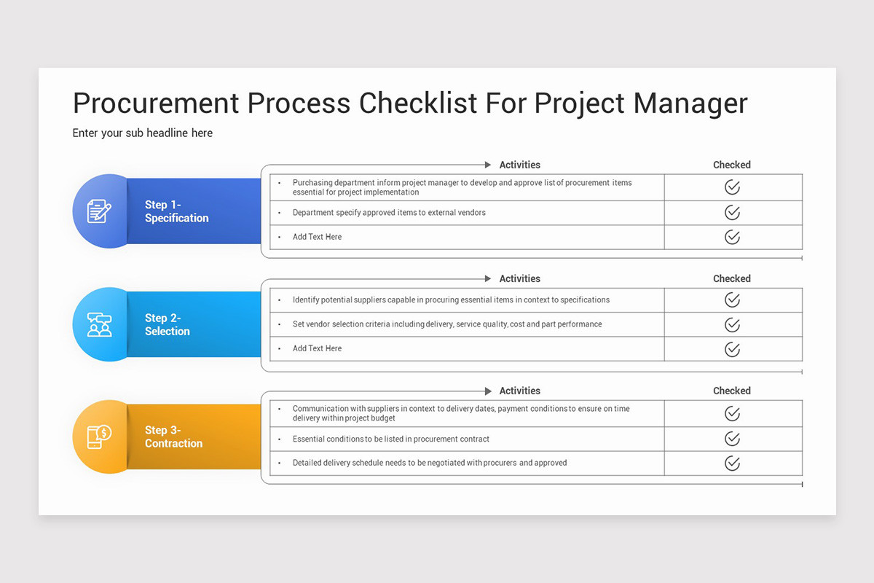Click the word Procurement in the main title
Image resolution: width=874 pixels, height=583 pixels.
click(x=156, y=103)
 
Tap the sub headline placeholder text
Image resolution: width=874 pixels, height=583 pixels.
click(x=143, y=133)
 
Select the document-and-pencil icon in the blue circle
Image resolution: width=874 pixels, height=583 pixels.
click(x=99, y=211)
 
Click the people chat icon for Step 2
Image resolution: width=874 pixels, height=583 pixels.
click(x=99, y=324)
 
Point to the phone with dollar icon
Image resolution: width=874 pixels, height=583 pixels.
click(x=99, y=437)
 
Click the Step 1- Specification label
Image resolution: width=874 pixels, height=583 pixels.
click(x=176, y=211)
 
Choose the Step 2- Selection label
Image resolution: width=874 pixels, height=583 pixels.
click(x=167, y=324)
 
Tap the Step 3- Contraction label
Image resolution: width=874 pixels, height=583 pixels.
click(x=173, y=437)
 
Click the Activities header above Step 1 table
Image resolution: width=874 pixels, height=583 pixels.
click(x=519, y=165)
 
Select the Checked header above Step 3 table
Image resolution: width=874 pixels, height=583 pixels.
click(x=731, y=391)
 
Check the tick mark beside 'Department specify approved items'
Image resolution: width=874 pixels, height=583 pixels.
click(x=732, y=213)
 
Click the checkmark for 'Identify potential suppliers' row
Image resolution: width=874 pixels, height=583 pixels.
click(x=732, y=300)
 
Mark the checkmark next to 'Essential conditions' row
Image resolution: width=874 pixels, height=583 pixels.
click(x=732, y=439)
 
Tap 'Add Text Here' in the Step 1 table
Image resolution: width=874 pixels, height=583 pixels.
click(x=317, y=237)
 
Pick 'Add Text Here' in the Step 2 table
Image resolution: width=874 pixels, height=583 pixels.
click(x=317, y=348)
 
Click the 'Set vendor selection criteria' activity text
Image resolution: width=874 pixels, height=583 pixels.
click(x=446, y=324)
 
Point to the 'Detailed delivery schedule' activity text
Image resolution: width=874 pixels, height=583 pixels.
click(x=429, y=463)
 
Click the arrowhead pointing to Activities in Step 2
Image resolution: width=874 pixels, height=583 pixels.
click(x=488, y=278)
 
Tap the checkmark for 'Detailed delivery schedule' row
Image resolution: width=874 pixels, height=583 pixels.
click(x=732, y=463)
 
